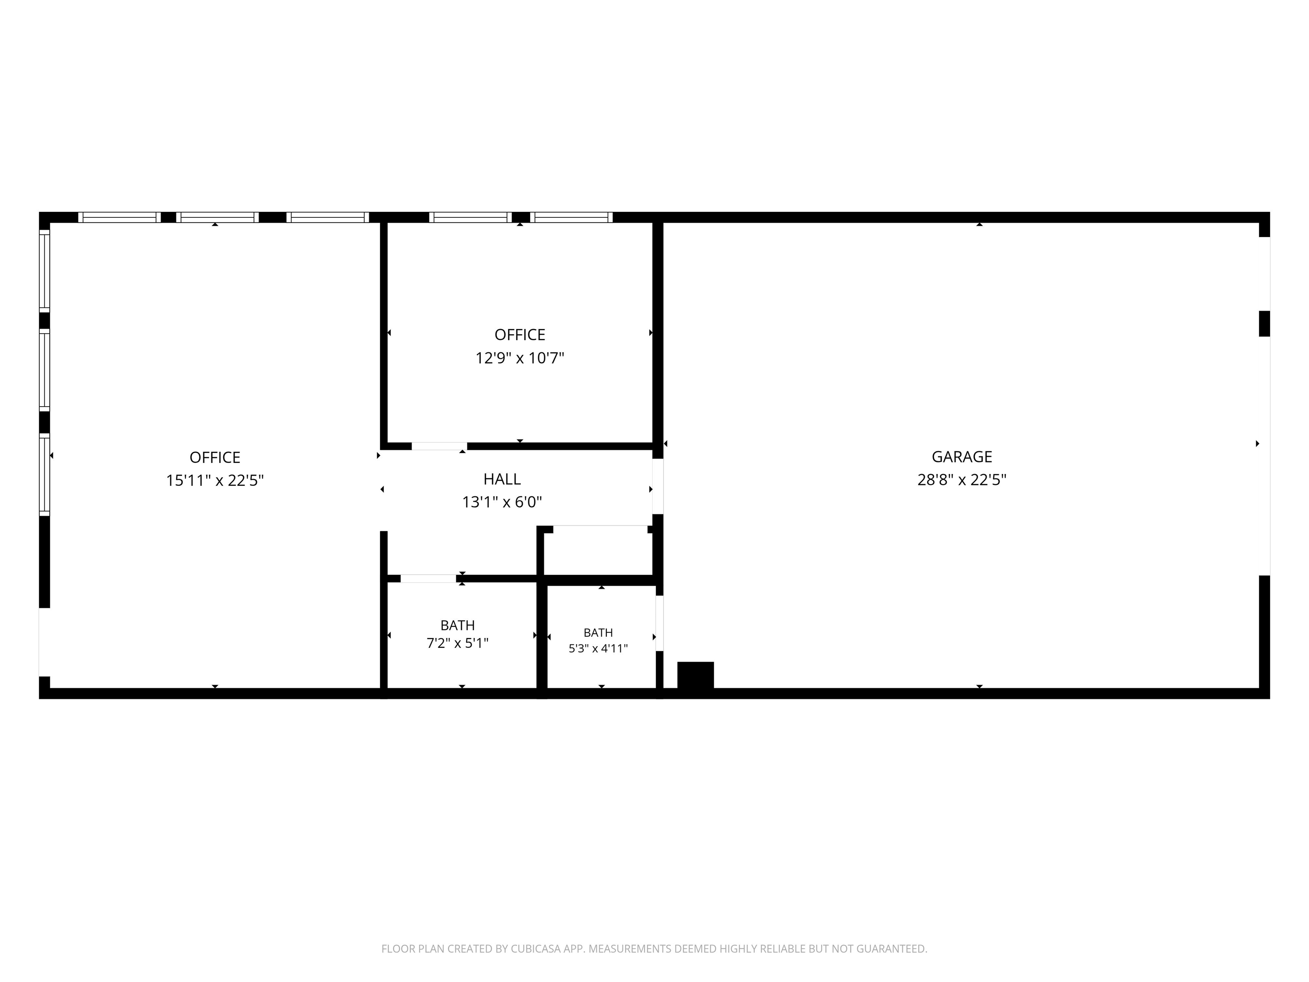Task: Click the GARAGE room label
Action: pyautogui.click(x=962, y=456)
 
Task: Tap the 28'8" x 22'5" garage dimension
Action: pyautogui.click(x=962, y=479)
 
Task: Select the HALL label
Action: pyautogui.click(x=502, y=479)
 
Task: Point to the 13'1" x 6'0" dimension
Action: pyautogui.click(x=502, y=502)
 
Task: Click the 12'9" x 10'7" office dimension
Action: pyautogui.click(x=519, y=358)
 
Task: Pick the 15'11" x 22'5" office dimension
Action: pyautogui.click(x=215, y=480)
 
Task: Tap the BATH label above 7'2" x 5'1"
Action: pyautogui.click(x=458, y=625)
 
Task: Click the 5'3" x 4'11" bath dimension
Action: pyautogui.click(x=598, y=648)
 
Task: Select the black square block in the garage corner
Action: pyautogui.click(x=695, y=675)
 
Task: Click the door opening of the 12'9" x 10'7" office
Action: pyautogui.click(x=439, y=446)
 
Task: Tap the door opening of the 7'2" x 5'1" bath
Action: pyautogui.click(x=428, y=578)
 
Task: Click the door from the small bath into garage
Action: pyautogui.click(x=659, y=623)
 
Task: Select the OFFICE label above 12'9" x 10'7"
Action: pyautogui.click(x=519, y=335)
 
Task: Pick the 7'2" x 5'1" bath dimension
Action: pyautogui.click(x=458, y=643)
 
